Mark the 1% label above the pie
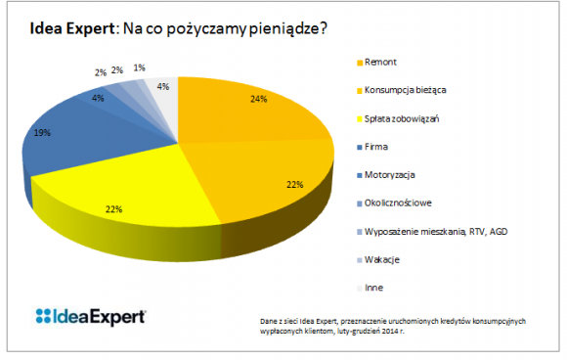(141, 67)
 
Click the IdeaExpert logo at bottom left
(90, 315)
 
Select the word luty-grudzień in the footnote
(357, 332)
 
